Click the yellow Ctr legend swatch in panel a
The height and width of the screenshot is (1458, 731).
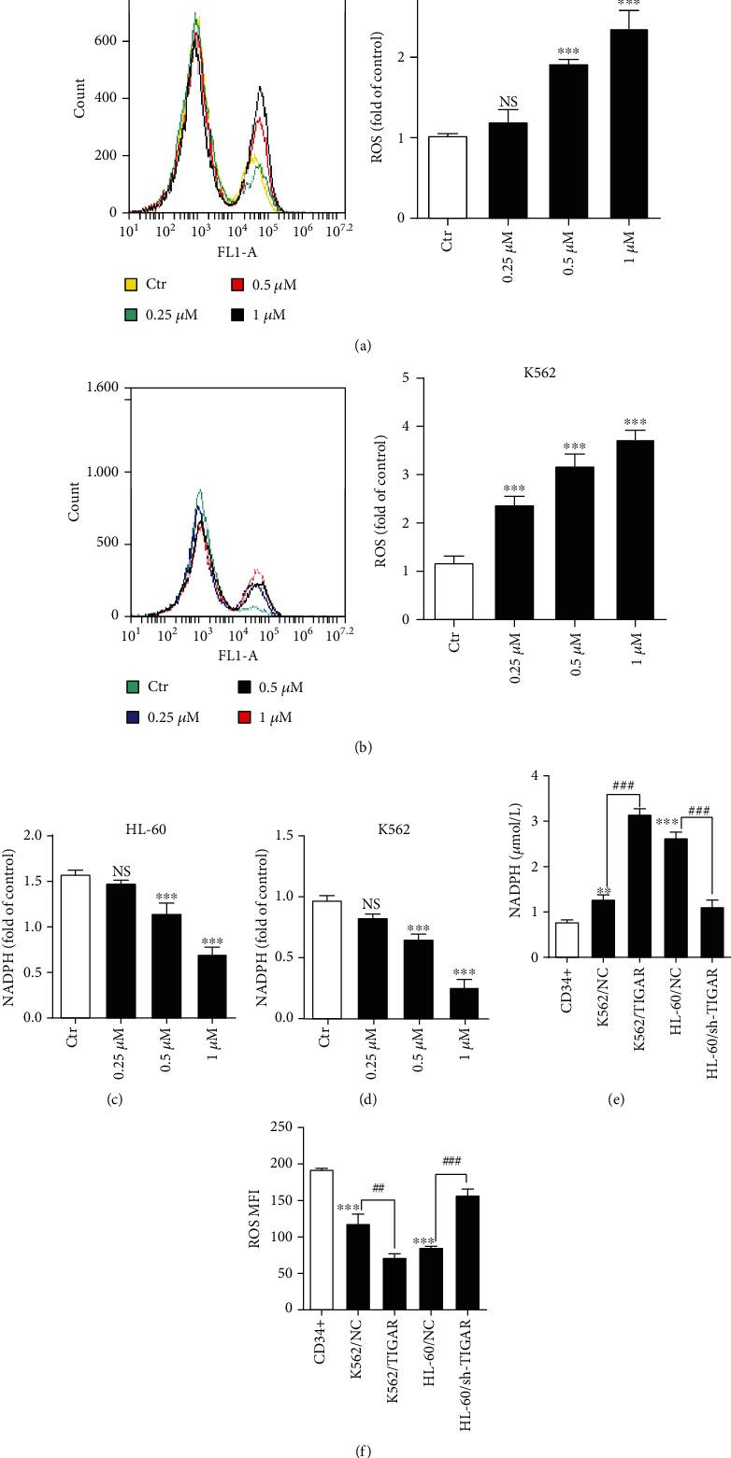[132, 284]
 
